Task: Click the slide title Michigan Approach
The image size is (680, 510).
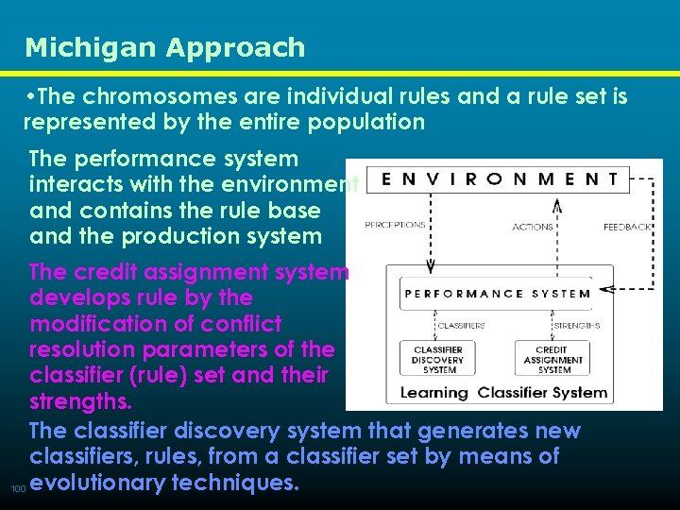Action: click(x=165, y=47)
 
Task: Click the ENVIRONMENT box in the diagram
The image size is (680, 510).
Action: click(x=496, y=177)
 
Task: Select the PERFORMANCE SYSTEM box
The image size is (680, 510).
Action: click(x=498, y=293)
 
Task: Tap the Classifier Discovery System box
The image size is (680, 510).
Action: click(x=437, y=360)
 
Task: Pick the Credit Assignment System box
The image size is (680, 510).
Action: click(x=554, y=360)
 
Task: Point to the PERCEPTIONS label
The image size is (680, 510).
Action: click(x=395, y=226)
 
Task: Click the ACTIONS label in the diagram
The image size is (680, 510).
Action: click(x=533, y=227)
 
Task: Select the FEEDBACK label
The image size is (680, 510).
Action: click(x=627, y=227)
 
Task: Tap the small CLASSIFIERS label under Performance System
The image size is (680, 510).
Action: click(x=462, y=326)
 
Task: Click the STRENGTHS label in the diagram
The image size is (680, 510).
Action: click(x=577, y=326)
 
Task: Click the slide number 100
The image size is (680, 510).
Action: click(x=16, y=489)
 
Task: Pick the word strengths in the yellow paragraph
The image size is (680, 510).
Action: click(x=79, y=402)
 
